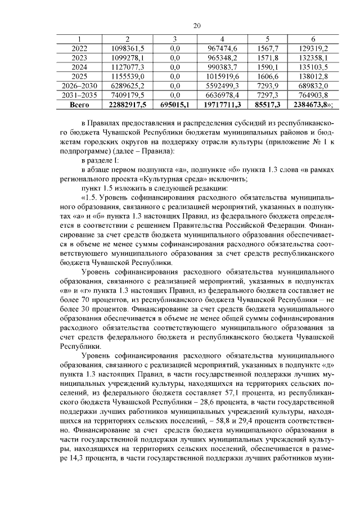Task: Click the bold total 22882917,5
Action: [x=128, y=105]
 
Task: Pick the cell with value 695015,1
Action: [x=175, y=105]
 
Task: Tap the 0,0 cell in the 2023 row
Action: [x=175, y=57]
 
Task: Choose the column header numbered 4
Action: [x=223, y=38]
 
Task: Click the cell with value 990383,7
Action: [x=223, y=67]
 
